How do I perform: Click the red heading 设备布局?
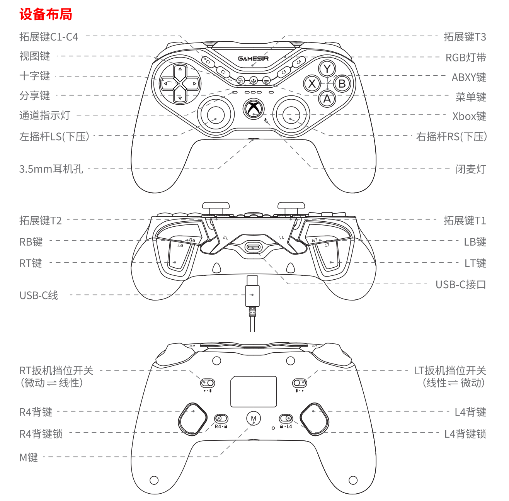tap(46, 14)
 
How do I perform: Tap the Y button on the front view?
tap(327, 69)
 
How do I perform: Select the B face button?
tap(342, 84)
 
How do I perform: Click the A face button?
tap(327, 99)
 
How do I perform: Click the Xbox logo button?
tap(253, 109)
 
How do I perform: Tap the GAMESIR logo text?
tap(253, 58)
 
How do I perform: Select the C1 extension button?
tap(208, 62)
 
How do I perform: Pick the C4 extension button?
tap(299, 62)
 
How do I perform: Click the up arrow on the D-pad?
tap(180, 69)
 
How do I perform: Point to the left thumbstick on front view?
tap(216, 115)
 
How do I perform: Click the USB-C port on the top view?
tap(253, 248)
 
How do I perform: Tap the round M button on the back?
tap(253, 418)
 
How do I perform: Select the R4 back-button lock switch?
tap(221, 418)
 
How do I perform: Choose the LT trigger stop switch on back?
tap(300, 383)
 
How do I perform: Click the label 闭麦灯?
tap(471, 169)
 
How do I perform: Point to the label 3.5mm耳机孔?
tap(51, 169)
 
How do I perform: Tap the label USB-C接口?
tap(461, 284)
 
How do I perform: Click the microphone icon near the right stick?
tap(265, 120)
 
